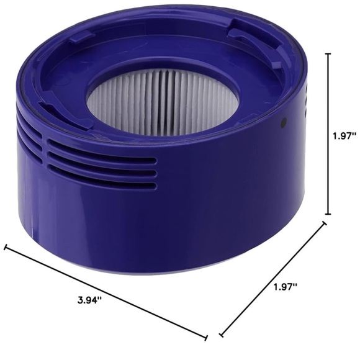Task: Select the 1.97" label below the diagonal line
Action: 286,287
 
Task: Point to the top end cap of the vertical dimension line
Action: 328,54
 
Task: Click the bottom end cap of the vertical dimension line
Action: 328,214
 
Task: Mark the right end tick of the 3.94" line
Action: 205,338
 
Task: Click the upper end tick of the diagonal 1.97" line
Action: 324,225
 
